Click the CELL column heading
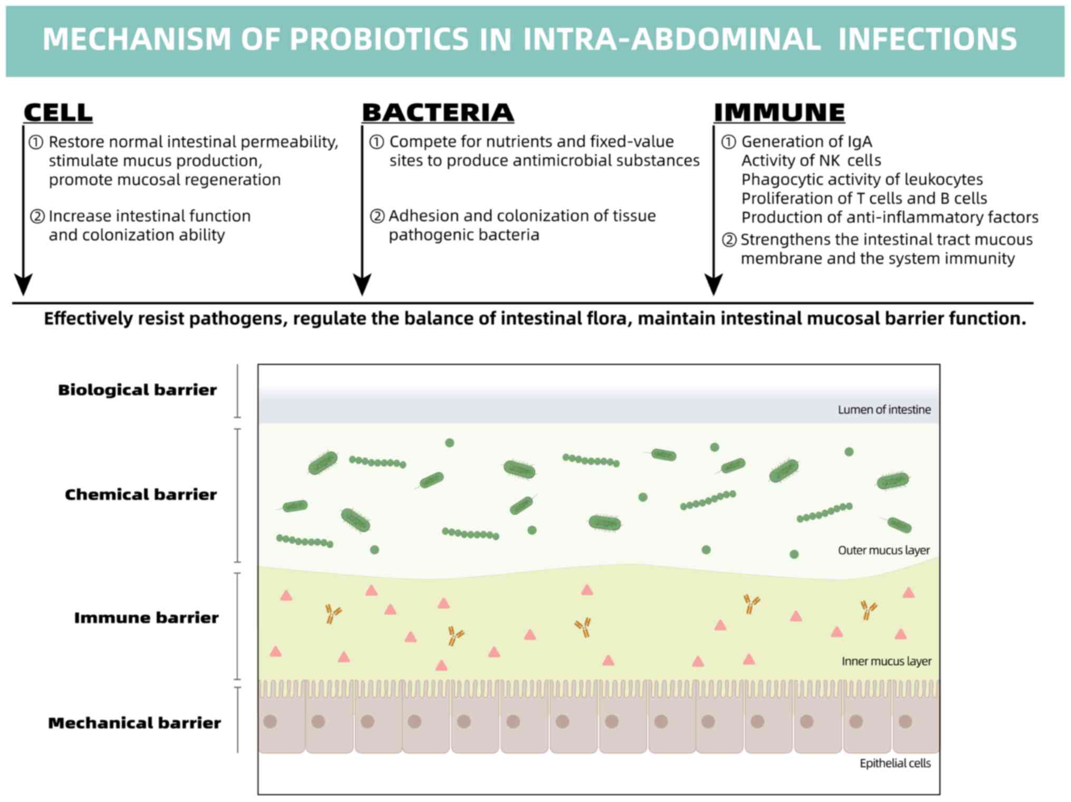click(58, 112)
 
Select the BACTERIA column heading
click(438, 112)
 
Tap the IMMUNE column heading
click(779, 112)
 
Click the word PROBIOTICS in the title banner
click(379, 39)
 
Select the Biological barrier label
click(138, 390)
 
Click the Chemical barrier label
click(141, 494)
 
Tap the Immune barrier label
click(146, 617)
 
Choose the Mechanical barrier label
click(134, 722)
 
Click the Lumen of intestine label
click(884, 410)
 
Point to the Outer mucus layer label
click(884, 550)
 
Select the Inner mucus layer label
click(886, 661)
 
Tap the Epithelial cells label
click(895, 764)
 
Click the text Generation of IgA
click(807, 142)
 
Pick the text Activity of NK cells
click(811, 160)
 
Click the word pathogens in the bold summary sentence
click(238, 319)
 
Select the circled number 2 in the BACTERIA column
click(377, 216)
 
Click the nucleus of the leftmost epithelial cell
click(270, 721)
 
